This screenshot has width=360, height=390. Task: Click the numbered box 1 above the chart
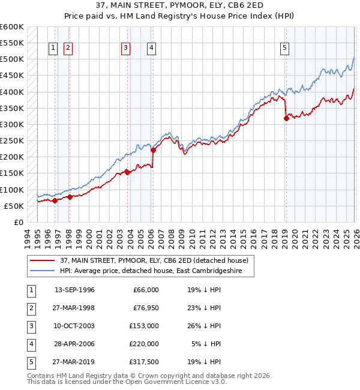click(x=53, y=49)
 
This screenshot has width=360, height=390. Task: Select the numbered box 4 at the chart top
click(x=152, y=49)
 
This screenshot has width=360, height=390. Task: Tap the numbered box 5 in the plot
click(x=284, y=49)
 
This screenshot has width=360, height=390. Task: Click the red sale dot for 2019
click(x=286, y=119)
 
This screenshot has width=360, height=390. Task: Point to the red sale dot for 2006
click(x=154, y=151)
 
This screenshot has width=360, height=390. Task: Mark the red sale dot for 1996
click(x=55, y=200)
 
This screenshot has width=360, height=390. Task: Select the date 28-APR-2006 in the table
click(x=74, y=346)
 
